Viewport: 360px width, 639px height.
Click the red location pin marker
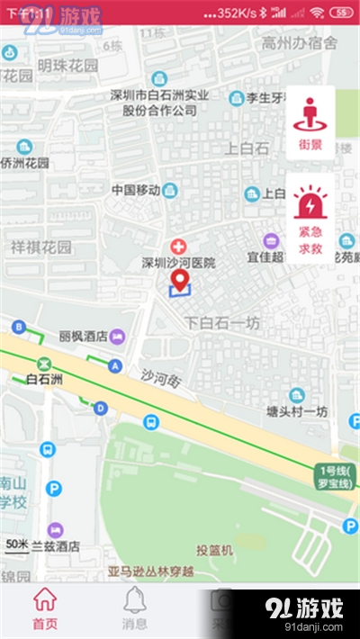(181, 281)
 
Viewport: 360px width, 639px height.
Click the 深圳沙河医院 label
(179, 263)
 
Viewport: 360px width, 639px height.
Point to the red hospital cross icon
(179, 246)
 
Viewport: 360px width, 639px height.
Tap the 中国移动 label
(136, 190)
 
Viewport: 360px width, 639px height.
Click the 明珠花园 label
(67, 65)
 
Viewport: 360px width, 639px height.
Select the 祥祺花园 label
(40, 247)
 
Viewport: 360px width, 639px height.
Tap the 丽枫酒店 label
(84, 336)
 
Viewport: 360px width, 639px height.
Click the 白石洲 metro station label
(44, 380)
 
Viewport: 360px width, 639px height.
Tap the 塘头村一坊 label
(297, 411)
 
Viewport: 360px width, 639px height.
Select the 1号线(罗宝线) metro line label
(337, 476)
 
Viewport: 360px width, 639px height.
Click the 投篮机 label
(215, 549)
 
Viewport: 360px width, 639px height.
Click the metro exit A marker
(114, 365)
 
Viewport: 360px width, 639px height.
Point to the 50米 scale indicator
(17, 544)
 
